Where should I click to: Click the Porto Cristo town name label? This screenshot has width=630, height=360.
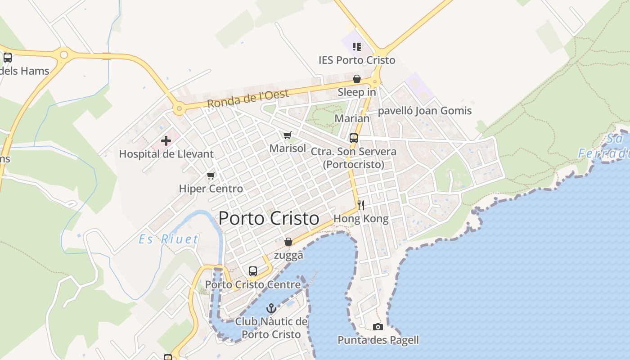[269, 219]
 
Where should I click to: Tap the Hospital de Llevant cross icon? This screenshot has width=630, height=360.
[166, 141]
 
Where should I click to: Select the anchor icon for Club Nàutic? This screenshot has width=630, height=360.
[271, 309]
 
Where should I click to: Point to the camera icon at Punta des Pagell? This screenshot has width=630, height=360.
[378, 327]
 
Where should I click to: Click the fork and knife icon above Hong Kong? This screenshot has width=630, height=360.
[361, 205]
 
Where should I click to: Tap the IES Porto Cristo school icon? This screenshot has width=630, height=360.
[357, 47]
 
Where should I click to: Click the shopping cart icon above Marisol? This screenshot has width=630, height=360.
[288, 135]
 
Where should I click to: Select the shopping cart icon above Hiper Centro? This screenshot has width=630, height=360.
[211, 175]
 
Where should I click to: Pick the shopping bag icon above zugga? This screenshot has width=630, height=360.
[288, 242]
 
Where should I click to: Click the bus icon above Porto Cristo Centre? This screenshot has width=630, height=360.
[253, 271]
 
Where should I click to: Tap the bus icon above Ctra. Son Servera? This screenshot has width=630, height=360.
[354, 138]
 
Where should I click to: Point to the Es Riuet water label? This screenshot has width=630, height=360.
[168, 239]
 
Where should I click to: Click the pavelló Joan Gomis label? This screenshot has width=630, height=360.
[425, 111]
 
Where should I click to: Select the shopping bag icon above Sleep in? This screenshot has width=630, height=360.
[357, 79]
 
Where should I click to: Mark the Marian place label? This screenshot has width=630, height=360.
[352, 118]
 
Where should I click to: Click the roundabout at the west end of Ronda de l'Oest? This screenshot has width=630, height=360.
[179, 108]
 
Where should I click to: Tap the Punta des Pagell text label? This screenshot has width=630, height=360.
[378, 340]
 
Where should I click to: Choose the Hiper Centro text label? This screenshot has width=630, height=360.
[211, 189]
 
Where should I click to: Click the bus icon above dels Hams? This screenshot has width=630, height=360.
[8, 58]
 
